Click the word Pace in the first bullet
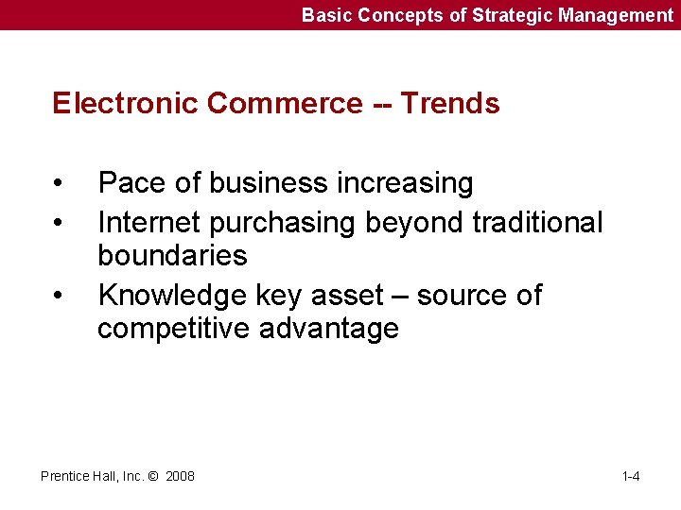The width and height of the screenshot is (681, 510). (x=130, y=182)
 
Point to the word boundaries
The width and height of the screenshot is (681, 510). (x=172, y=255)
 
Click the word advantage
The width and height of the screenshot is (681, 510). (x=332, y=330)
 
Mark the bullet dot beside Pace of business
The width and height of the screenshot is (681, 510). (x=59, y=183)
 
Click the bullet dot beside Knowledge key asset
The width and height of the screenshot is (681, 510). (x=59, y=297)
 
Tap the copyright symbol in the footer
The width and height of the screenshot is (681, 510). (x=154, y=476)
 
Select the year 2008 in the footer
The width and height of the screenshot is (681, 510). (x=180, y=476)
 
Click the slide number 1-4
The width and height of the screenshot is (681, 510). (x=631, y=476)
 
